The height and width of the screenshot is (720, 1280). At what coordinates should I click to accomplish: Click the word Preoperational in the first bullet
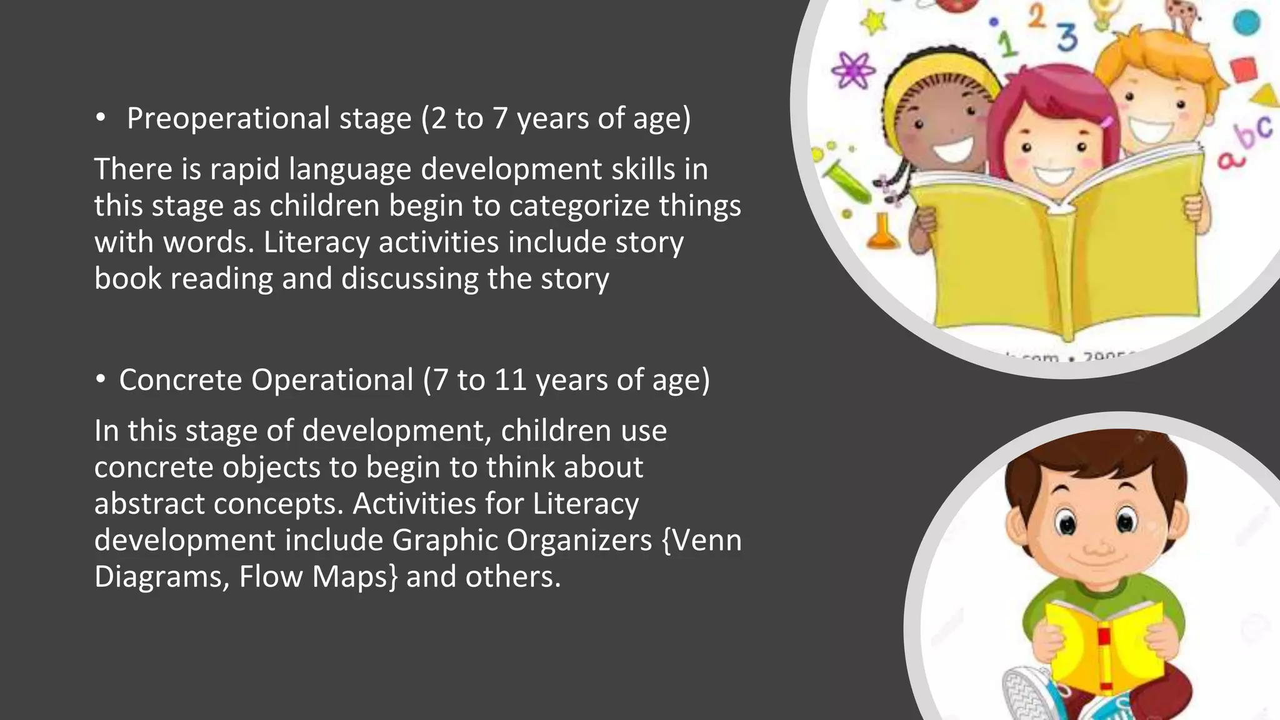pyautogui.click(x=227, y=119)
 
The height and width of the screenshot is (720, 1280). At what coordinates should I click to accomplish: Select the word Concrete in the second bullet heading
pyautogui.click(x=180, y=380)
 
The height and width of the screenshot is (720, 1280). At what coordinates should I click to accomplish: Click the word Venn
pyautogui.click(x=702, y=541)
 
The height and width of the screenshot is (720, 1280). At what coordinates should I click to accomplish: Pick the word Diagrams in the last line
pyautogui.click(x=161, y=577)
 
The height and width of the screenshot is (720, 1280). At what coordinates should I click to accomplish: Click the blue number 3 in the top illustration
pyautogui.click(x=1067, y=37)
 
